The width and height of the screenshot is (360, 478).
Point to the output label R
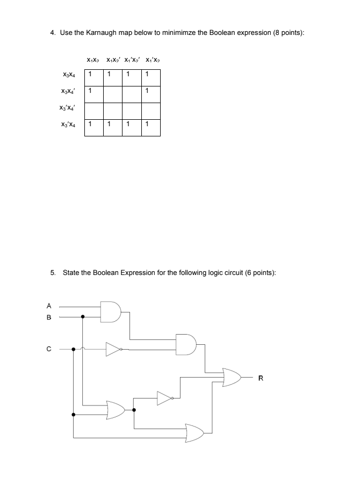tap(261, 379)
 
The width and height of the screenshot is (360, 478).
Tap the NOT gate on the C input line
tap(113, 349)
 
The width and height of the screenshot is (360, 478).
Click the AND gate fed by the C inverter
tap(186, 344)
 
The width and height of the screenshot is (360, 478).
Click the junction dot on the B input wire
tap(82, 317)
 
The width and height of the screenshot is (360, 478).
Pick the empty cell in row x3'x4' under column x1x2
tap(94, 110)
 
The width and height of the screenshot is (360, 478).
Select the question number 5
tap(53, 272)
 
